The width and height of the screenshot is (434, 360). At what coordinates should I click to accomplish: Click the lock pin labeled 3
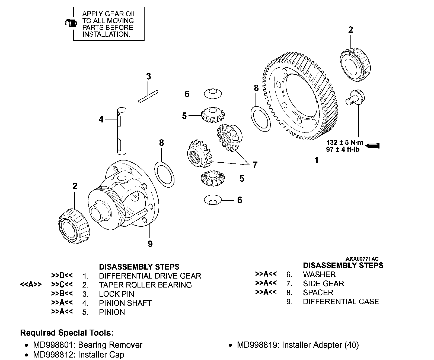click(148, 97)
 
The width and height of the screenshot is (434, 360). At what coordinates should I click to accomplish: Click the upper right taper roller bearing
click(355, 64)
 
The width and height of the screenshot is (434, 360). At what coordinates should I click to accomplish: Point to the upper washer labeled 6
click(213, 93)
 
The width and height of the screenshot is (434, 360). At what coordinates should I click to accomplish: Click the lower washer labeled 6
click(213, 200)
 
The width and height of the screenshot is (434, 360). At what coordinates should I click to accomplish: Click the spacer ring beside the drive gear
click(260, 119)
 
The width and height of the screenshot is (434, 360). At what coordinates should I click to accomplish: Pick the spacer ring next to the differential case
click(164, 174)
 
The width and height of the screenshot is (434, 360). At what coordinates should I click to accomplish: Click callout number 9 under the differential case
click(150, 244)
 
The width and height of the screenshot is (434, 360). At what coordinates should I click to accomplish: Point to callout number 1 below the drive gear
click(316, 160)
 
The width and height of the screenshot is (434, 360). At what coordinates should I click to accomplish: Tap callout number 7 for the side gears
click(255, 165)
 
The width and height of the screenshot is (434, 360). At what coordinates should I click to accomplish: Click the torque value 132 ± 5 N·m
click(344, 143)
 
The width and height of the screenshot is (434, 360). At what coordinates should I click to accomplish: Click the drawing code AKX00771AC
click(362, 259)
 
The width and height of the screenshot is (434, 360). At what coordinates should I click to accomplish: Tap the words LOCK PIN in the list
click(116, 294)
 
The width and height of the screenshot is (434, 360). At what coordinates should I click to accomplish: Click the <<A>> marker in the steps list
click(31, 285)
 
